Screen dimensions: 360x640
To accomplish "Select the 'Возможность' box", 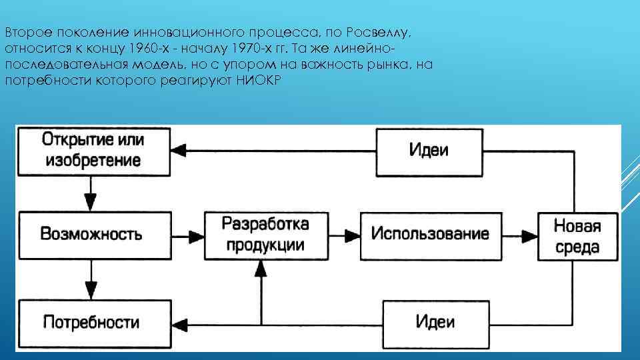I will click(x=92, y=234).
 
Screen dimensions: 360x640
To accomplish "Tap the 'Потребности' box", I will click(x=92, y=322).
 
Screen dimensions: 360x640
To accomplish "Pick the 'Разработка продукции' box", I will click(x=265, y=234).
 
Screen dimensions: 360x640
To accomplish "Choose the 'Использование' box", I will click(x=430, y=234).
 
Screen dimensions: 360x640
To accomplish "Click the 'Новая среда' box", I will click(x=577, y=236).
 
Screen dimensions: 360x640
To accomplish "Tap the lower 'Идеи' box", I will click(x=435, y=322).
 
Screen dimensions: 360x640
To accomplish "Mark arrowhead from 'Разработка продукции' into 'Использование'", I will click(x=352, y=235).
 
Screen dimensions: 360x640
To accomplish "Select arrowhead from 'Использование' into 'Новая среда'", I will click(x=531, y=235).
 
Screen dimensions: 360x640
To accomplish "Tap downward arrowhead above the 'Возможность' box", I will click(x=89, y=200).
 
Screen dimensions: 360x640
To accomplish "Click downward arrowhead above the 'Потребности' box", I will click(x=89, y=289).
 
